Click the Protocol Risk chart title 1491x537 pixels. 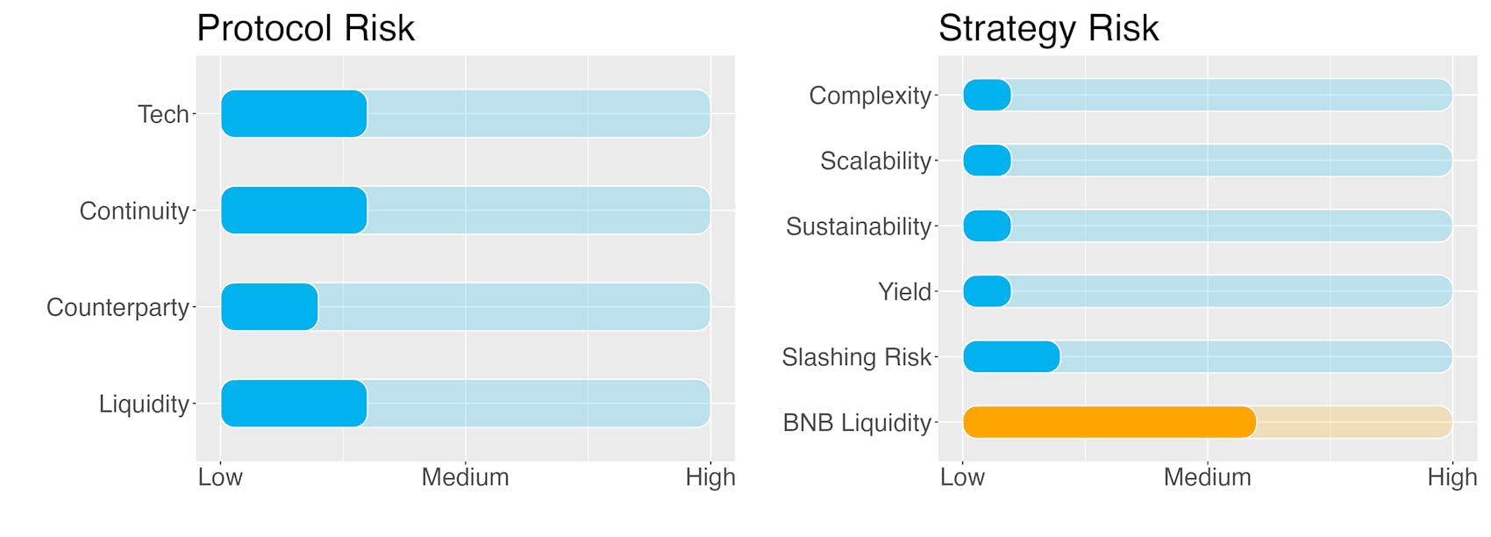305,29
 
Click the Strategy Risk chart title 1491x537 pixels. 1048,29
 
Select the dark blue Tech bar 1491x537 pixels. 294,113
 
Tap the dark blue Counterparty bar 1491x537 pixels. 269,306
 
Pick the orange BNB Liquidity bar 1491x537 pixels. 1109,422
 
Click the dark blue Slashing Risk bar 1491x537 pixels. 1011,356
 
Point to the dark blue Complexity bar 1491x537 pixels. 987,95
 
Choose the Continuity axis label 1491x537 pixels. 134,211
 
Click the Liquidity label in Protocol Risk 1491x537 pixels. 145,405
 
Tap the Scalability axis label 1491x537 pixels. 875,161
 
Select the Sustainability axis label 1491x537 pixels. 859,226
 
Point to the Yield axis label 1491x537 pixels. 904,292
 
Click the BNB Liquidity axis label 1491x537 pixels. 857,423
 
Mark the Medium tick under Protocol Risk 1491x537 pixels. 465,477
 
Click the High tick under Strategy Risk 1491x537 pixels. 1452,478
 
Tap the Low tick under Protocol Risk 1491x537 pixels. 220,477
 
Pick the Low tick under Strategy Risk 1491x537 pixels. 962,477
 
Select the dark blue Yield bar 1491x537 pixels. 987,291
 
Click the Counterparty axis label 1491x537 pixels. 118,308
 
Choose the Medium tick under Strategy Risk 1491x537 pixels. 1208,477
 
